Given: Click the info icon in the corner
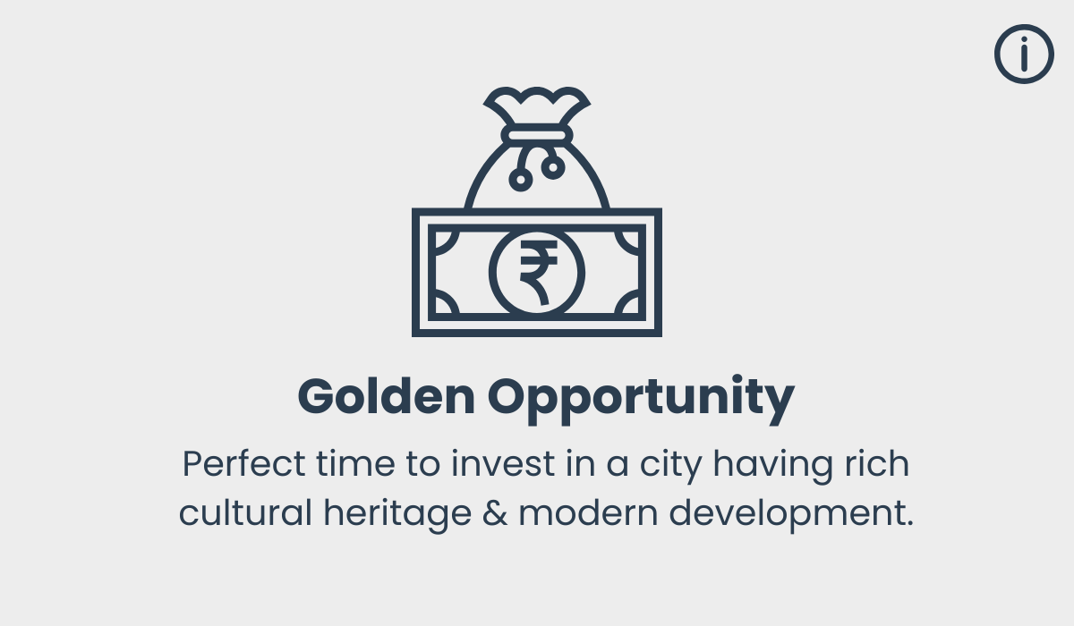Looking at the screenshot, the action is click(x=1024, y=54).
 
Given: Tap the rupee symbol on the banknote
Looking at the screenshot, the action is click(x=538, y=272).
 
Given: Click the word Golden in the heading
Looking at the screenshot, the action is click(x=387, y=396).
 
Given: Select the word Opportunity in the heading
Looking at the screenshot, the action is click(x=641, y=399).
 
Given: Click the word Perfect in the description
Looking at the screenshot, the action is click(x=243, y=463).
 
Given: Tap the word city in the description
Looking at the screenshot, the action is click(x=671, y=466).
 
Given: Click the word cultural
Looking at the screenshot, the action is click(x=245, y=512).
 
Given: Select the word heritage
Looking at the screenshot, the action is click(x=397, y=515).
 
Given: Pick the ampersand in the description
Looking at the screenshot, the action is click(x=495, y=513).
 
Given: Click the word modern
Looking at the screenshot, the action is click(x=588, y=512).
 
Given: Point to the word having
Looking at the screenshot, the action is click(x=773, y=466).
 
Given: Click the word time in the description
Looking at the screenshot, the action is click(x=355, y=463).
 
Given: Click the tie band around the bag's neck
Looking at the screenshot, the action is click(x=537, y=135).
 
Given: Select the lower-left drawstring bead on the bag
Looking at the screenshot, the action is click(x=521, y=180).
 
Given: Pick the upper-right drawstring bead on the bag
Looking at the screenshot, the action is click(x=553, y=167).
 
